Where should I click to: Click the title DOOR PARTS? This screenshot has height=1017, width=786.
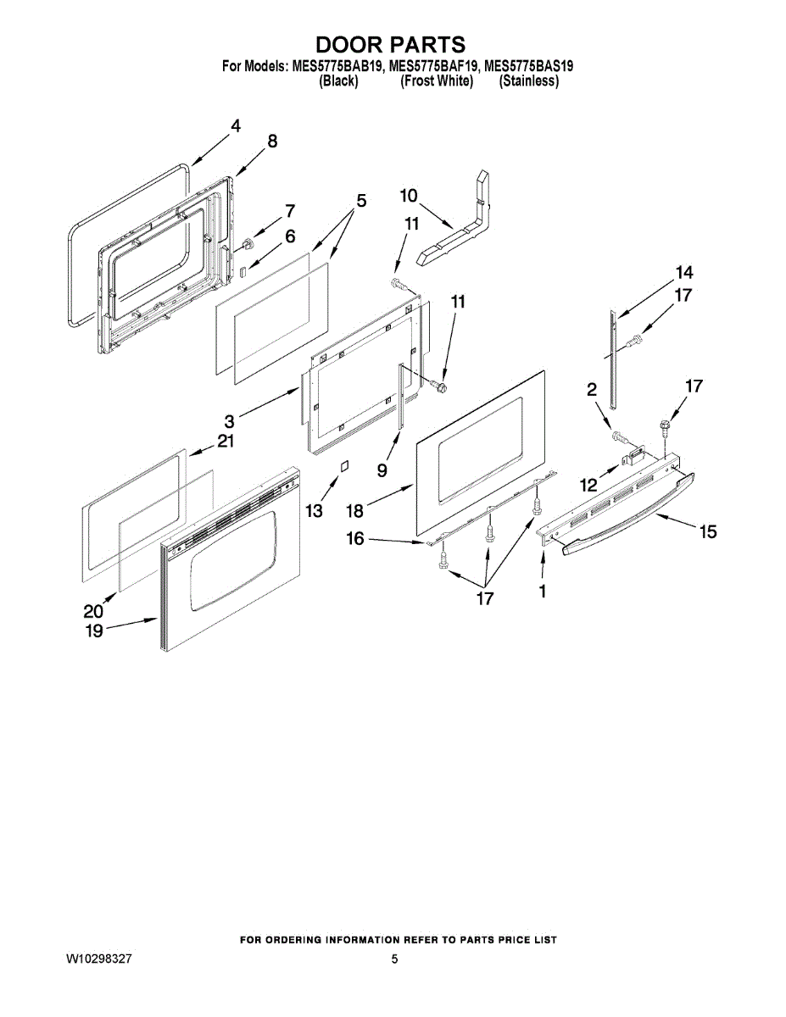tap(391, 45)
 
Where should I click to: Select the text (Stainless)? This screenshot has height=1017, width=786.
tap(528, 81)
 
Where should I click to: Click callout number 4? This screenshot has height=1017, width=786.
tap(235, 126)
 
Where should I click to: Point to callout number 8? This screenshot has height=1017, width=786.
tap(272, 142)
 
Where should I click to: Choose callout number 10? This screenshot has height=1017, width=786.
tap(408, 196)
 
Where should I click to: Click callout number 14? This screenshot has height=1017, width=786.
tap(683, 273)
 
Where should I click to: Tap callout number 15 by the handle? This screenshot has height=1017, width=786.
tap(707, 531)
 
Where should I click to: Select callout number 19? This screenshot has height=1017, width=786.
tap(93, 631)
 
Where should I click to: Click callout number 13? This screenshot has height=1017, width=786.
tap(314, 510)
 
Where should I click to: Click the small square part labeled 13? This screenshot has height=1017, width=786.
tap(343, 466)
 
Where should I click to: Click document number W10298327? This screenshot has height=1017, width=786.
tap(99, 959)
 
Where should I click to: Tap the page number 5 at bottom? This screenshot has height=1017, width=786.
tap(394, 959)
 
